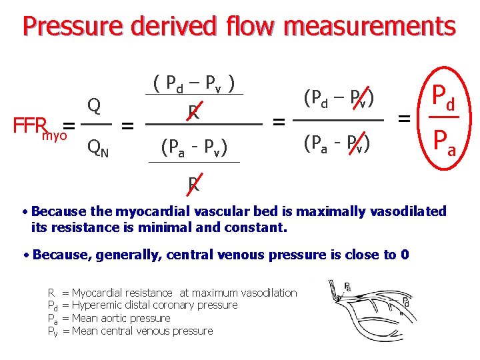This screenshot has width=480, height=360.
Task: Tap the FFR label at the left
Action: [29, 125]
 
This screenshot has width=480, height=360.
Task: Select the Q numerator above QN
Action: [94, 105]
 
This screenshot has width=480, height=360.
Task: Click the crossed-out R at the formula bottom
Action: [193, 183]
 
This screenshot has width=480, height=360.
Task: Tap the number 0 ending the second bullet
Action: [405, 255]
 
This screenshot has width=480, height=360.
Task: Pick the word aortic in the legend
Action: [120, 318]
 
